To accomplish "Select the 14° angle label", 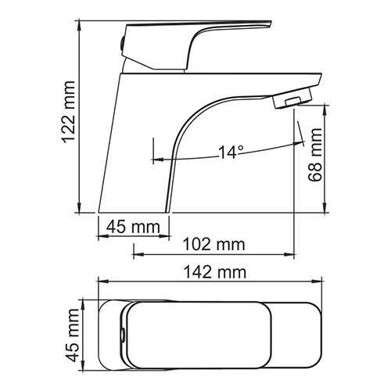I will [231, 152].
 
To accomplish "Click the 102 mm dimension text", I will [214, 244].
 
